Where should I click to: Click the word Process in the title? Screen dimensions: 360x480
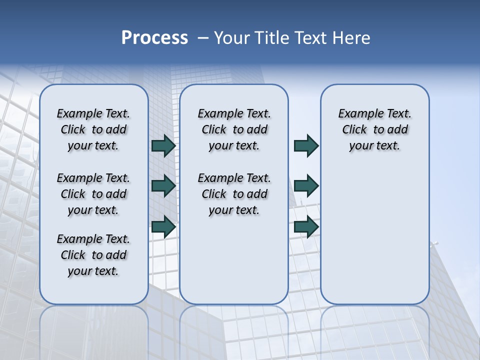pyautogui.click(x=154, y=38)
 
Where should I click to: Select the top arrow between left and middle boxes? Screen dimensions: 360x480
pyautogui.click(x=163, y=146)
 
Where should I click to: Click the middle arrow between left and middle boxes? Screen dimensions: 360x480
pyautogui.click(x=163, y=186)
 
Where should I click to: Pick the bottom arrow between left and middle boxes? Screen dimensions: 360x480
pyautogui.click(x=163, y=227)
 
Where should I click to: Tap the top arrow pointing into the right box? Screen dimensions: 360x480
pyautogui.click(x=306, y=146)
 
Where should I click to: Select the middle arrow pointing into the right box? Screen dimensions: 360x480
pyautogui.click(x=306, y=186)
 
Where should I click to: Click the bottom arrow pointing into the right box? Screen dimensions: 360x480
pyautogui.click(x=306, y=227)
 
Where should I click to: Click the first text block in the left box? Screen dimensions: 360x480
pyautogui.click(x=93, y=130)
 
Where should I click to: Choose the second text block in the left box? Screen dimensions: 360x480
pyautogui.click(x=93, y=194)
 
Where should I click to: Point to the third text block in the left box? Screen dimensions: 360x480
pyautogui.click(x=93, y=255)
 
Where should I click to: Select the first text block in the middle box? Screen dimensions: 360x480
pyautogui.click(x=234, y=130)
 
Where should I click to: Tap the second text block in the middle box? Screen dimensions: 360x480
pyautogui.click(x=234, y=194)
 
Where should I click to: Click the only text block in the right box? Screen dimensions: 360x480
pyautogui.click(x=374, y=130)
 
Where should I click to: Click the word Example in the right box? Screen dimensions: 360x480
pyautogui.click(x=357, y=114)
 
